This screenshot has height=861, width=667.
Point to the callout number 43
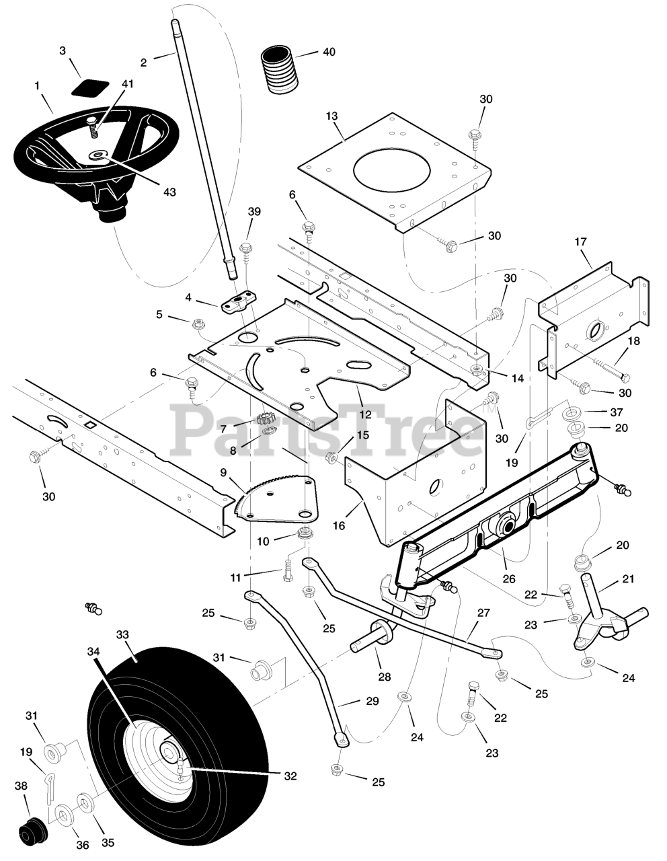coord(169,192)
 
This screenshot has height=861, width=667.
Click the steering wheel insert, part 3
coord(90,87)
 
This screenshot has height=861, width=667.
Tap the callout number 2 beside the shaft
coord(143,63)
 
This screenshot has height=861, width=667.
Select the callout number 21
coord(628,578)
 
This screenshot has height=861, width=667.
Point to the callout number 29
coord(372,701)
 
